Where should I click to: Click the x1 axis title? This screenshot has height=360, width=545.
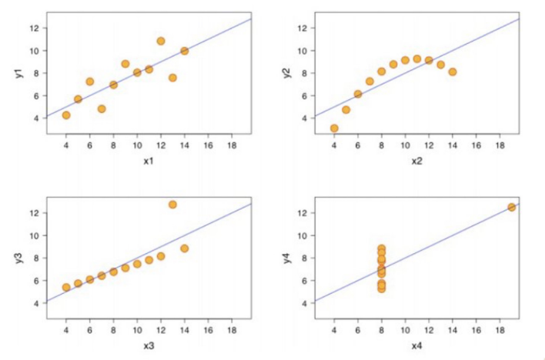click(148, 162)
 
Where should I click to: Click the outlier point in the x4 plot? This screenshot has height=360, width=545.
click(512, 207)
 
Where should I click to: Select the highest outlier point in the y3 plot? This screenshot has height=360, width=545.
click(172, 205)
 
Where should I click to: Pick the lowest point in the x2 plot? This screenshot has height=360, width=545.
click(334, 128)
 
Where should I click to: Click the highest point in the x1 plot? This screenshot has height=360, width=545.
click(161, 41)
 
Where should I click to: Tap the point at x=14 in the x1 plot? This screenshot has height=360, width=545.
click(185, 51)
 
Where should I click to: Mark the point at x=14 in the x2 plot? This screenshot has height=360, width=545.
click(453, 72)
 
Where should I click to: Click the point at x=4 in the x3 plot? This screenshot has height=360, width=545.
click(66, 288)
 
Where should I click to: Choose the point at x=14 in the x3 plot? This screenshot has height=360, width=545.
click(185, 248)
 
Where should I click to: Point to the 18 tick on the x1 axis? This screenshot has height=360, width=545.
click(232, 145)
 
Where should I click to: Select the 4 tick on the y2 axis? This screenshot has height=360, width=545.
click(303, 118)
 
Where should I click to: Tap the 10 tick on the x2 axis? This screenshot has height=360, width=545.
click(405, 145)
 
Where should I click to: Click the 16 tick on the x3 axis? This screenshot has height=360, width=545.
click(208, 330)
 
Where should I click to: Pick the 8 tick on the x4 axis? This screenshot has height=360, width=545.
click(381, 330)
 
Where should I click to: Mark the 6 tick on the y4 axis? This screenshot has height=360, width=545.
click(303, 281)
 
